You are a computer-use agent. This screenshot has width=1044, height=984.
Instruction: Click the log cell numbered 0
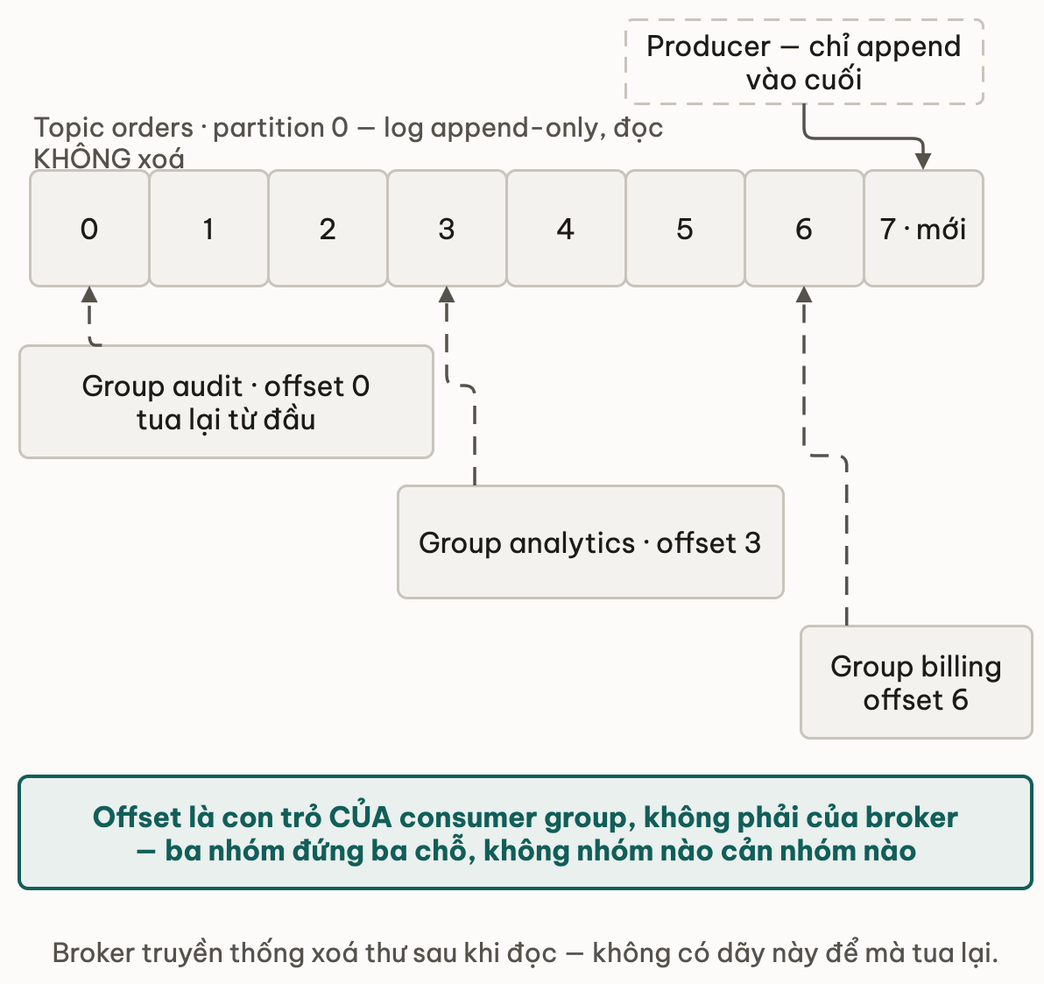(x=89, y=229)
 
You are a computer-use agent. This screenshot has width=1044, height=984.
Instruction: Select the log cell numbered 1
(x=208, y=229)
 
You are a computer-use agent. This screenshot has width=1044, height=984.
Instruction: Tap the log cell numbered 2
(x=328, y=229)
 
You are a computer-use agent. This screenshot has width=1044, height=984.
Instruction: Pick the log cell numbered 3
(x=447, y=229)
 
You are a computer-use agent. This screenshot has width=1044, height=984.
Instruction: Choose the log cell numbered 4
(x=566, y=229)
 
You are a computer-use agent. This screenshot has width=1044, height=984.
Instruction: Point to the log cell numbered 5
(x=685, y=229)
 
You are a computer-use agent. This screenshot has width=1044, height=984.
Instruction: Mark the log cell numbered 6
(x=804, y=229)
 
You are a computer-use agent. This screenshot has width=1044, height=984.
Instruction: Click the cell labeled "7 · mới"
(x=923, y=229)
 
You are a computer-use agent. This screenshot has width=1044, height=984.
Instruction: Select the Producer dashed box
(x=804, y=62)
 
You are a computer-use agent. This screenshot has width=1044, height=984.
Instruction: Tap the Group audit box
(x=226, y=401)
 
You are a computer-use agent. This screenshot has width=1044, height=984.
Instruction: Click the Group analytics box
(x=590, y=542)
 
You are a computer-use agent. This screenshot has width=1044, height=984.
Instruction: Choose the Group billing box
(x=916, y=683)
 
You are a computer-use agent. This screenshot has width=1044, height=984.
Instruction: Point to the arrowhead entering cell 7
(x=923, y=160)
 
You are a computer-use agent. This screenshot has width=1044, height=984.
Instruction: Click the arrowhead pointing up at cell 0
(x=89, y=295)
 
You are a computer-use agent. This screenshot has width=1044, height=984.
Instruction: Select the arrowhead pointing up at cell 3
(x=447, y=295)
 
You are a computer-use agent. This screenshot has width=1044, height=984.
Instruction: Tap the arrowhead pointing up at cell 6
(x=804, y=295)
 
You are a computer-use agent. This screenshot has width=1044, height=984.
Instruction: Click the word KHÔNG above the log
(x=82, y=159)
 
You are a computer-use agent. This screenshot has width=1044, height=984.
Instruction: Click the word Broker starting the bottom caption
(x=94, y=952)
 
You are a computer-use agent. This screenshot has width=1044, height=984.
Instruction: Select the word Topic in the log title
(x=60, y=128)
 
